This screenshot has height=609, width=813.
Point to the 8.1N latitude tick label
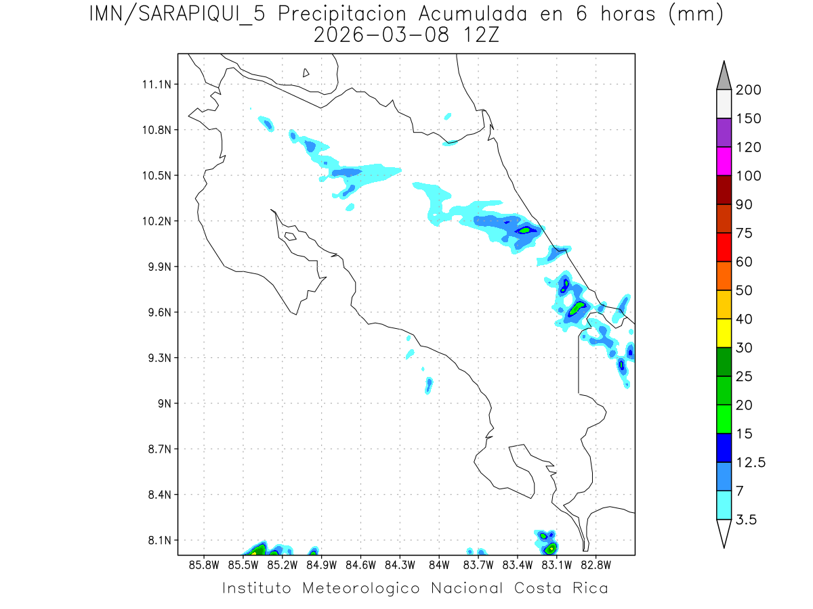point(158,541)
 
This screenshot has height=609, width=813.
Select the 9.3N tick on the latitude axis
point(158,358)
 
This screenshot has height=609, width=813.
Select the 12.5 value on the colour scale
point(751,463)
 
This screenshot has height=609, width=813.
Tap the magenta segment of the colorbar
point(724,161)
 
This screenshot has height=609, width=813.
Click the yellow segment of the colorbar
point(724,333)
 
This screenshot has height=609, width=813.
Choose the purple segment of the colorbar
point(724,133)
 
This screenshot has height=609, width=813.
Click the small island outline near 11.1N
point(306,73)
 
